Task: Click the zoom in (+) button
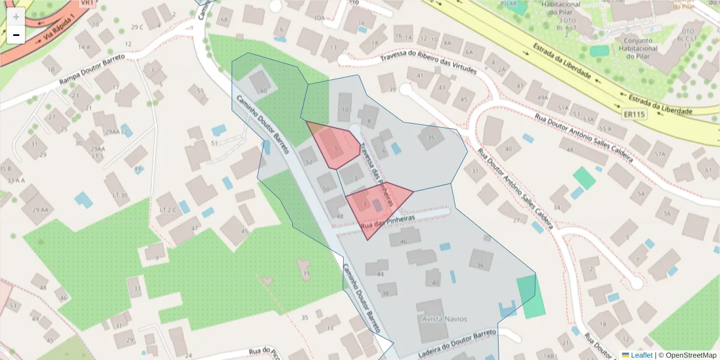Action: [x=16, y=17]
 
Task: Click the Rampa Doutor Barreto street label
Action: [x=92, y=71]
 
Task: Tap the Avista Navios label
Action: [x=445, y=319]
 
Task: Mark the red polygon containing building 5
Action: [x=334, y=146]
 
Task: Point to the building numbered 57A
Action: [x=661, y=153]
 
